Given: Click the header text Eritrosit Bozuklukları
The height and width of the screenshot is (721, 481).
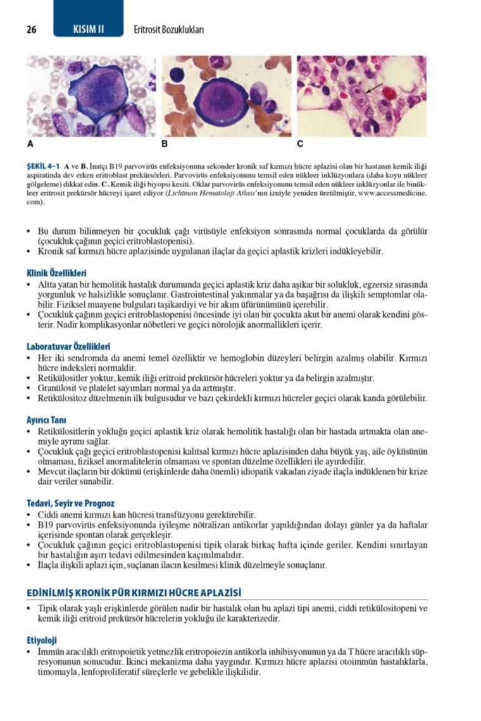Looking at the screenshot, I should point(169,30).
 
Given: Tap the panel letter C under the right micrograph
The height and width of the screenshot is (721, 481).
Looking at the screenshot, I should point(300,144).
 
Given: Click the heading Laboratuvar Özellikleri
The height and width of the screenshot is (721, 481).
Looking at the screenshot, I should point(68,347).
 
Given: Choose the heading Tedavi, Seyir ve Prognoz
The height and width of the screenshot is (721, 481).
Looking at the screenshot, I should point(71,503).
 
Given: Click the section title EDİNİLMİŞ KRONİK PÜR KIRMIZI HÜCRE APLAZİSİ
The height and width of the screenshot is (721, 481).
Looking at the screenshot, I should point(134,593).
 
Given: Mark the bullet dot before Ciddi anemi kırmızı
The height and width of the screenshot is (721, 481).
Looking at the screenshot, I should point(30,515).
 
